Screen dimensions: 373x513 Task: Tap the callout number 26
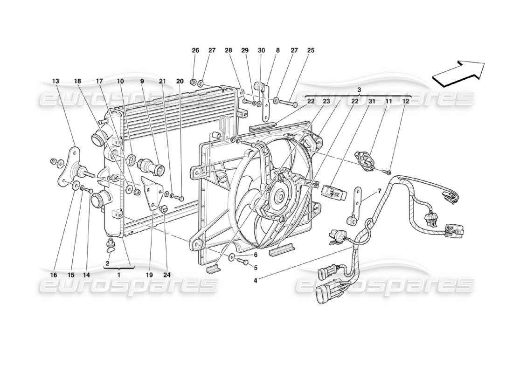tap(195, 50)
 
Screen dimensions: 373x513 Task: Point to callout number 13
tap(55, 81)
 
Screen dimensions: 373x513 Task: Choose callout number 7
tap(379, 191)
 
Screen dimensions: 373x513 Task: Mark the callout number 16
tap(54, 275)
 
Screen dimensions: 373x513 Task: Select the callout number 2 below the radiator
tap(107, 263)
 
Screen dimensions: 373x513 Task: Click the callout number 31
tap(372, 101)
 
